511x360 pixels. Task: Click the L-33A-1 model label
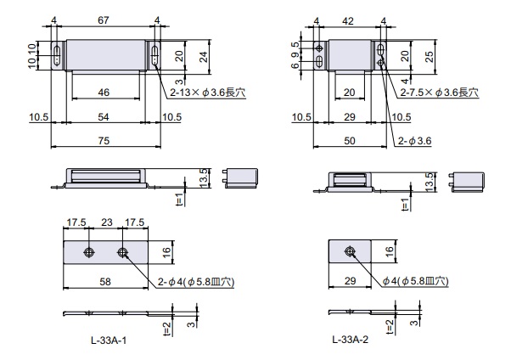coord(109,340)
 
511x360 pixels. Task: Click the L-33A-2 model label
coord(351,340)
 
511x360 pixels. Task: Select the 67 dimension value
coord(104,20)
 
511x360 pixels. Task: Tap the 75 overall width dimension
coord(104,141)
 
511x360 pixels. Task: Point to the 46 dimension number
coord(104,93)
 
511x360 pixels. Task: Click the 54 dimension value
coord(104,116)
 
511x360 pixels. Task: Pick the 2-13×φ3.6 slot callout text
coord(208,93)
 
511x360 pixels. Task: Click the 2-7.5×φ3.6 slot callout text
coord(440,93)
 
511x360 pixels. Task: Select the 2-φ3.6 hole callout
coord(414,141)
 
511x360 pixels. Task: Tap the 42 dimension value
coord(348,21)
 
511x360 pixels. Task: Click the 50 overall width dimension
coord(350,141)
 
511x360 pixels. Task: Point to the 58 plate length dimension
coord(105,281)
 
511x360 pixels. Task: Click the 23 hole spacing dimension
coord(107,222)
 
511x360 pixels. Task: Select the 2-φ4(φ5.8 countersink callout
coord(196,281)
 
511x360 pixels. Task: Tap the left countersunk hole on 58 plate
coord(88,252)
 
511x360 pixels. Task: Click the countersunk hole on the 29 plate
coord(350,251)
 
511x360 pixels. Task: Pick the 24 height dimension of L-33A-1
coord(204,56)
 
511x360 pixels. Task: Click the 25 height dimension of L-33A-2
coord(430,56)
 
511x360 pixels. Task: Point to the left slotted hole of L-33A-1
coord(57,55)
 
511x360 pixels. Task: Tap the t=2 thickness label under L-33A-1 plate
coord(167,328)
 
